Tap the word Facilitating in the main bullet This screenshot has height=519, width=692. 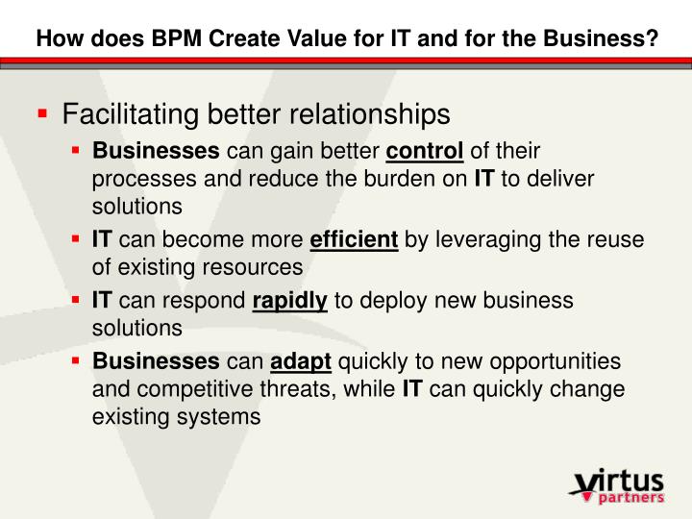(x=123, y=114)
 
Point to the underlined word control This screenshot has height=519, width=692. (x=425, y=151)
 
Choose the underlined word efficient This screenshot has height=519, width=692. (x=354, y=240)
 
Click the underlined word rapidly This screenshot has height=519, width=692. (x=289, y=301)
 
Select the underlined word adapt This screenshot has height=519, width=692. (x=301, y=362)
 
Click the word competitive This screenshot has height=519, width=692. (x=192, y=389)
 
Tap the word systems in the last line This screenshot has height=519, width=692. (x=225, y=417)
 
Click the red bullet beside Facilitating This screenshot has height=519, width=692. (x=42, y=114)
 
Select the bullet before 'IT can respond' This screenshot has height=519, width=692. (x=76, y=300)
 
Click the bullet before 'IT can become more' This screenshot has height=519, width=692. (x=76, y=239)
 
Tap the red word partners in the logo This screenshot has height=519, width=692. (x=630, y=498)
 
